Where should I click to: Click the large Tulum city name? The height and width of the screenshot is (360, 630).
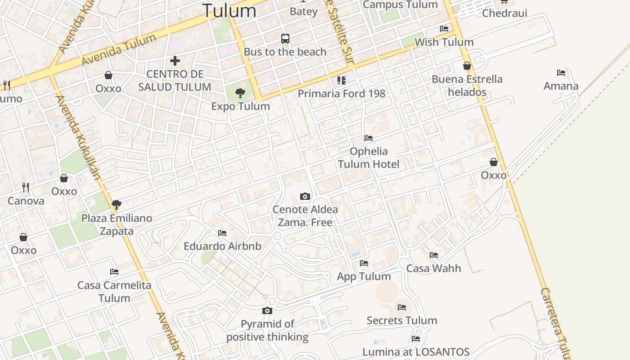click(x=229, y=10)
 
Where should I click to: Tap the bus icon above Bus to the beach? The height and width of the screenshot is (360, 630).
click(x=285, y=39)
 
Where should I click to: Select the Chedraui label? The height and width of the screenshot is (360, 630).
click(x=504, y=13)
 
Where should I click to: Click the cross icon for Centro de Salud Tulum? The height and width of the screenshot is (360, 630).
click(x=175, y=60)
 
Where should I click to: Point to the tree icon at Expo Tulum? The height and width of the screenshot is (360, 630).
click(x=240, y=93)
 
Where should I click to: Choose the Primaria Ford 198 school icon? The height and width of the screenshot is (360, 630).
click(x=342, y=81)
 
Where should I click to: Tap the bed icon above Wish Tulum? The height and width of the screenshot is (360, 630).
click(x=444, y=29)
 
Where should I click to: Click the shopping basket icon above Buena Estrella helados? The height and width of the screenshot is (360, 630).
click(x=467, y=66)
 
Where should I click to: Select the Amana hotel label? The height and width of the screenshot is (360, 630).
click(x=561, y=86)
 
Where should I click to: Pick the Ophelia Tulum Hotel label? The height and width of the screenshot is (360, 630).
click(x=369, y=157)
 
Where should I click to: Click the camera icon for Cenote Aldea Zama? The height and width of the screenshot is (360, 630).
click(x=305, y=196)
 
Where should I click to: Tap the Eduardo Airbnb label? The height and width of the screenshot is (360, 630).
click(x=222, y=246)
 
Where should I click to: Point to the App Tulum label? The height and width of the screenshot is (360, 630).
click(x=364, y=276)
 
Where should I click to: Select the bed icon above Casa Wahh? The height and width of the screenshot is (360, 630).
click(x=434, y=255)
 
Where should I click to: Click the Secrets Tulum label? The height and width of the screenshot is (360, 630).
click(x=402, y=320)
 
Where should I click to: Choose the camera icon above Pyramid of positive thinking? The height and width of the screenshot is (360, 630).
click(x=267, y=310)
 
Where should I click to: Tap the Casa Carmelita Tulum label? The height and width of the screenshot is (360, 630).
click(x=114, y=291)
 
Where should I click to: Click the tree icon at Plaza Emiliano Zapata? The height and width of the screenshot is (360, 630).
click(x=117, y=205)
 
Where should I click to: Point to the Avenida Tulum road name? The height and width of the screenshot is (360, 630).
click(x=119, y=49)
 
